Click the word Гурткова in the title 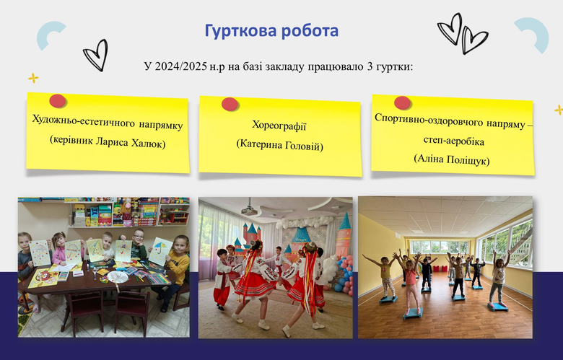coord(240,31)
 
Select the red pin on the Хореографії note coord(230,104)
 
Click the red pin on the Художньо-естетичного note coord(58,101)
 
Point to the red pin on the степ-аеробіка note coord(402,102)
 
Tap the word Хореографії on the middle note coord(279,126)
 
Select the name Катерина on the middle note coord(261,144)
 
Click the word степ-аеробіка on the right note coord(453,141)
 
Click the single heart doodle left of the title coord(96,55)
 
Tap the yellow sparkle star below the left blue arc coord(33,78)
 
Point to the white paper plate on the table coord(118,277)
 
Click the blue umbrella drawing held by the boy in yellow coord(160,248)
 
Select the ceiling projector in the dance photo coord(248,211)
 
